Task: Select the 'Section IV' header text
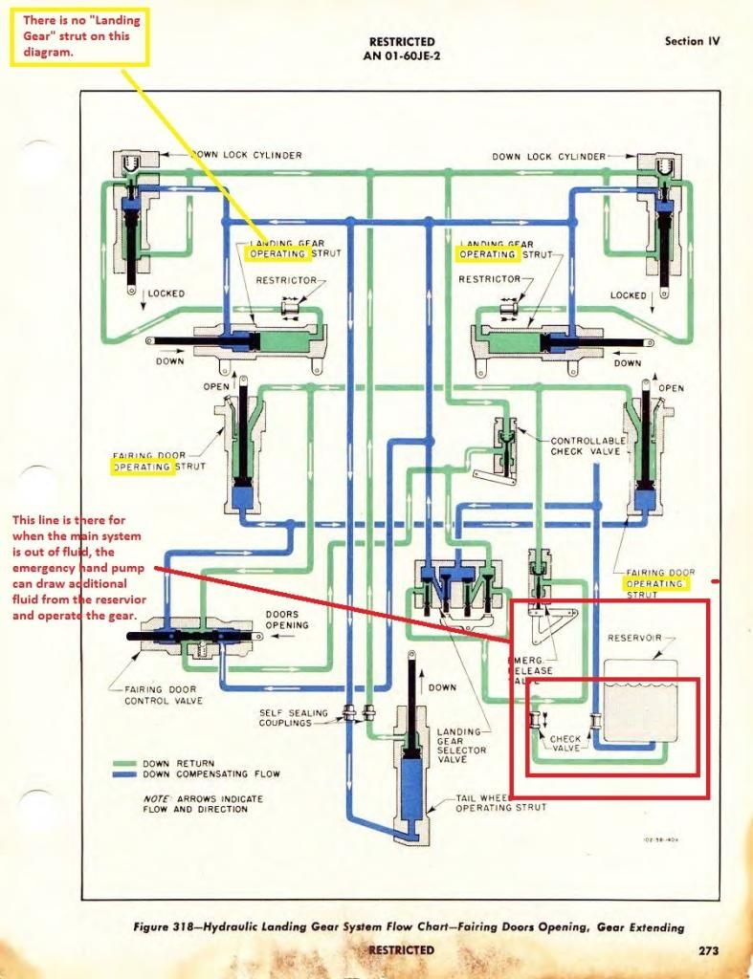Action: click(692, 41)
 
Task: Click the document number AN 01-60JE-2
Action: click(402, 55)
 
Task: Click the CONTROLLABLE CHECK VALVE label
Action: click(587, 446)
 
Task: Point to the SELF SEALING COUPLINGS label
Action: click(294, 718)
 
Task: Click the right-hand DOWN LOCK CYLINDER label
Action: click(549, 157)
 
